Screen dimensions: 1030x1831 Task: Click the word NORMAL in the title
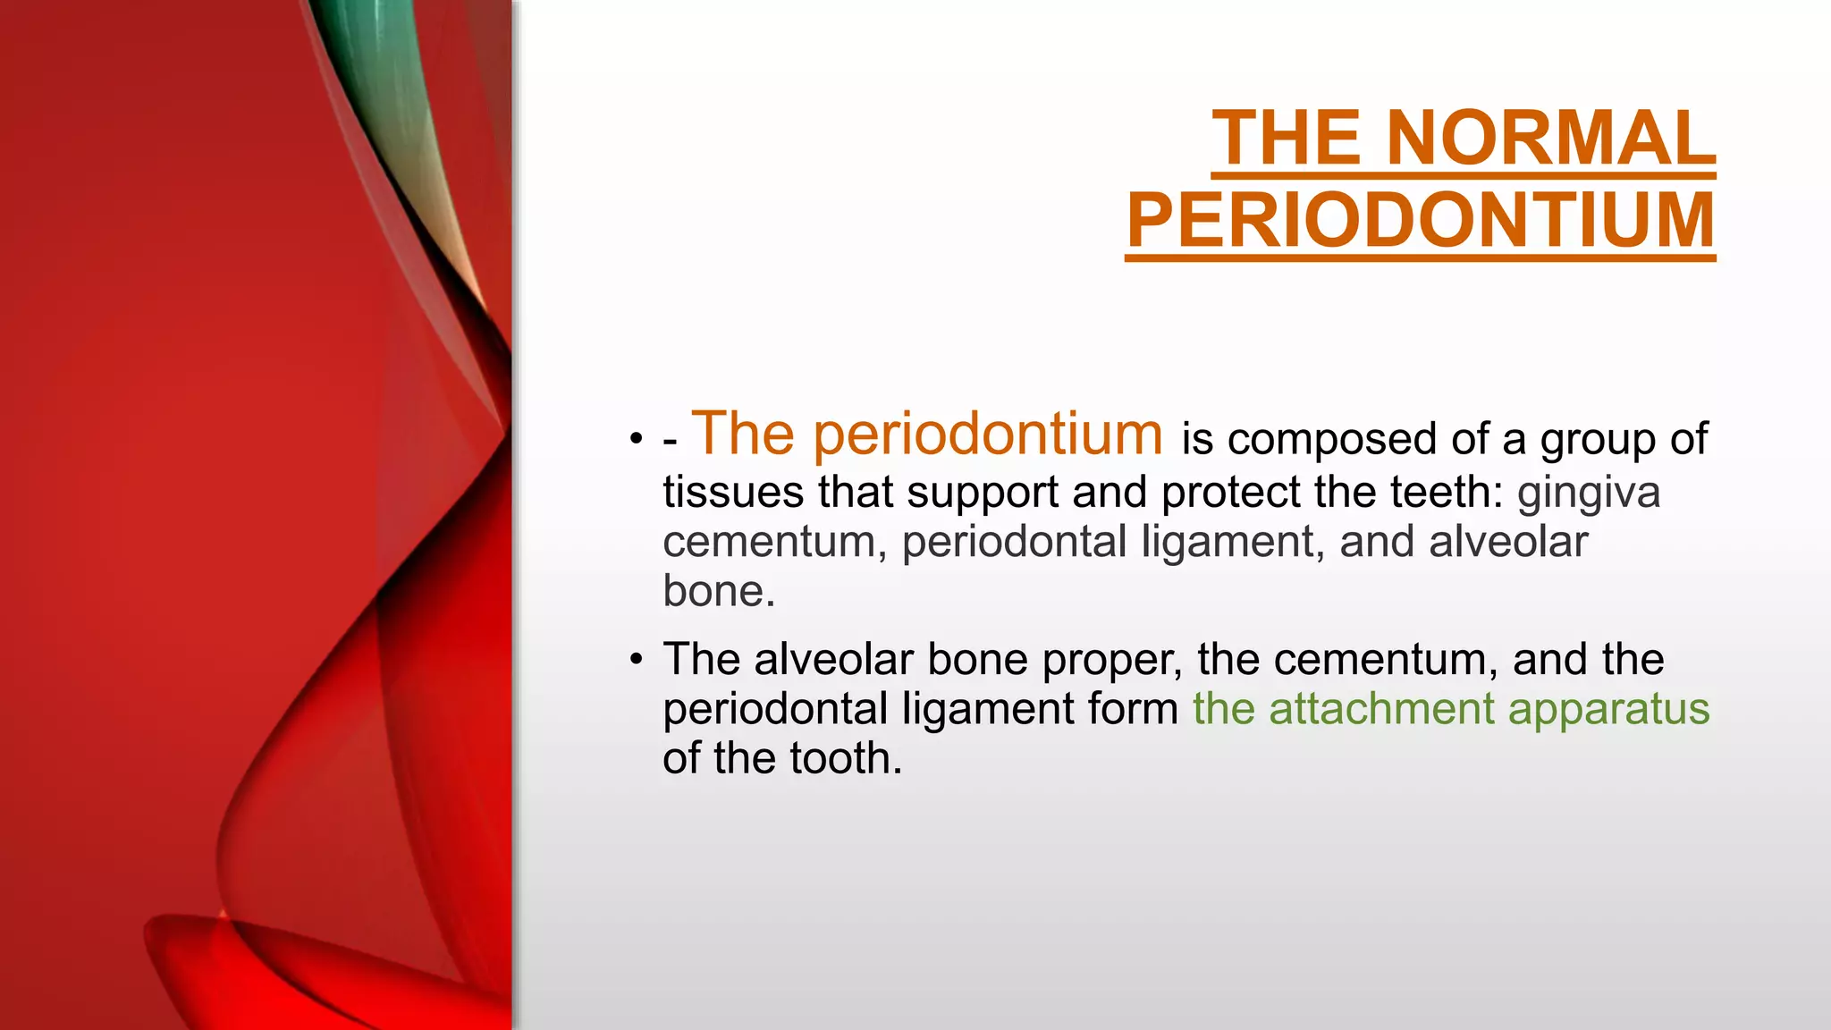[x=1551, y=139]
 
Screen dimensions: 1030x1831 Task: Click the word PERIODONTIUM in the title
[x=1420, y=221]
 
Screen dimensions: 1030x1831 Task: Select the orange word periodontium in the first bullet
[x=988, y=435]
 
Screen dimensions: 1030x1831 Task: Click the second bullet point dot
[x=636, y=660]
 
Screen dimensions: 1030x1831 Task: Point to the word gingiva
[x=1589, y=494]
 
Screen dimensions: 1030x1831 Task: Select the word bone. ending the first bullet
[x=719, y=591]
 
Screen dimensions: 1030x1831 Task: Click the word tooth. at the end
[x=846, y=758]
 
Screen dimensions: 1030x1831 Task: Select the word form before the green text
[x=1134, y=709]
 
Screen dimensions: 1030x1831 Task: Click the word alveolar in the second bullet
[x=834, y=660]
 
